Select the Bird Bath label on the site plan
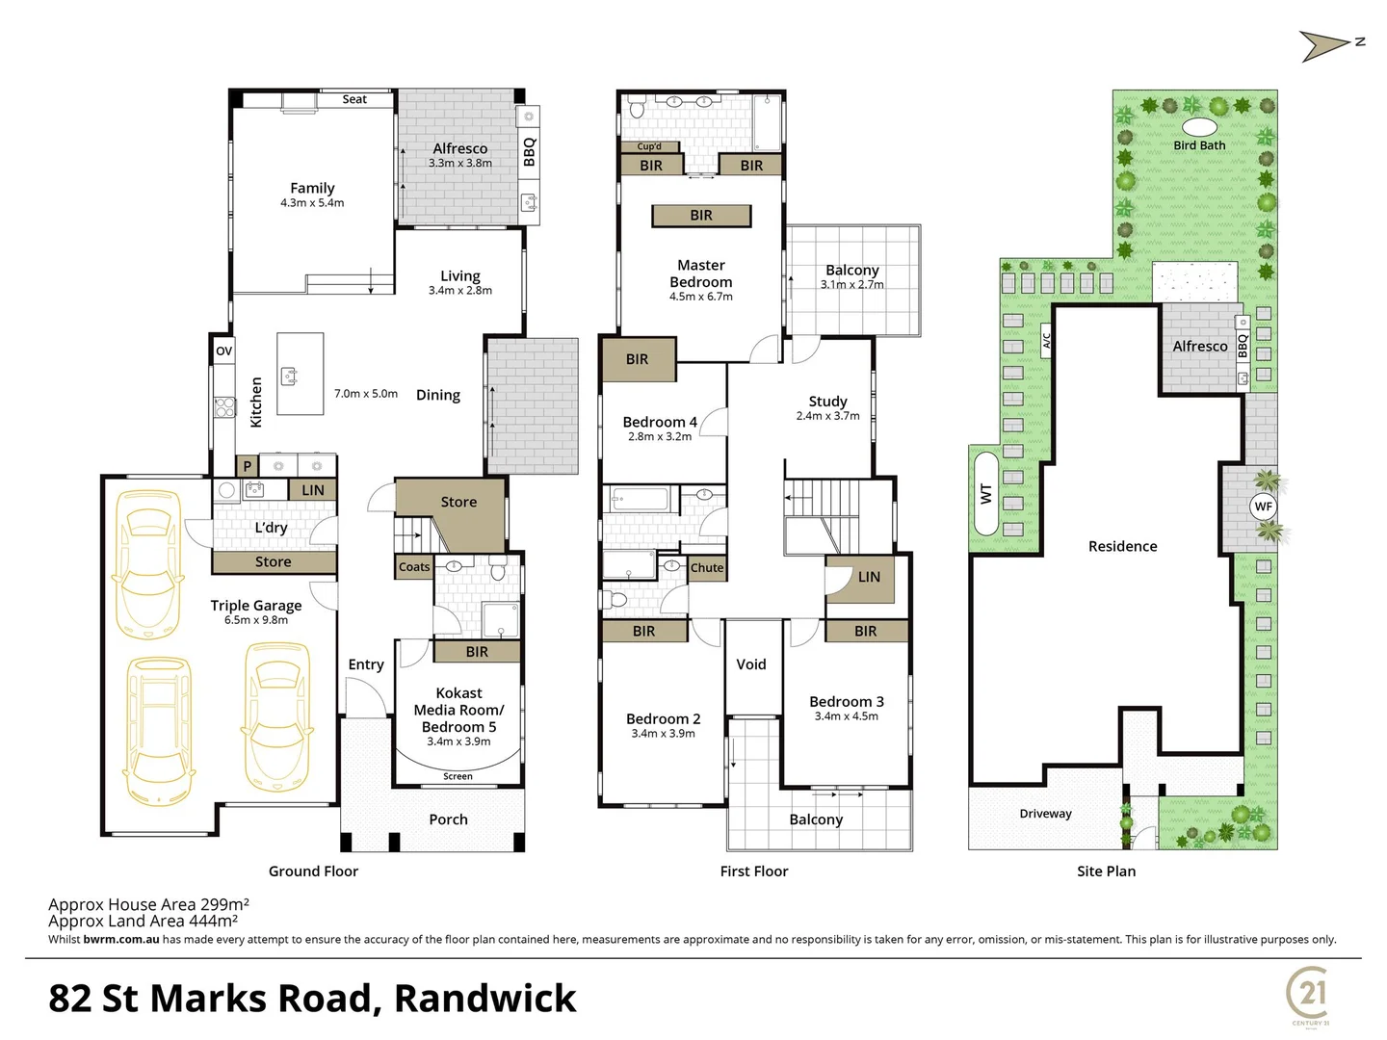coord(1199,145)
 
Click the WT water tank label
coord(985,493)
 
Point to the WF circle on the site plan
coord(1263,507)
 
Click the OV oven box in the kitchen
coord(223,351)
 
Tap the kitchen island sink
coord(287,375)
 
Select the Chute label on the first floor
coord(706,568)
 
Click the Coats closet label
coord(414,567)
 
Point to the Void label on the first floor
coord(751,664)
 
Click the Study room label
coord(828,401)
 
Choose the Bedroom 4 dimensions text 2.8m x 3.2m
coord(660,436)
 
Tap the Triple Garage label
coord(256,605)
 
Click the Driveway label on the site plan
coord(1045,814)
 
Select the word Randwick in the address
coord(484,999)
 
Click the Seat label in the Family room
coord(354,99)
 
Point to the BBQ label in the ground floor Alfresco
coord(529,152)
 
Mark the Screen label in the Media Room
coord(458,776)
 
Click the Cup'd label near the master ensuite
coord(649,146)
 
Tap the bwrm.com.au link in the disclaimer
coord(121,939)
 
